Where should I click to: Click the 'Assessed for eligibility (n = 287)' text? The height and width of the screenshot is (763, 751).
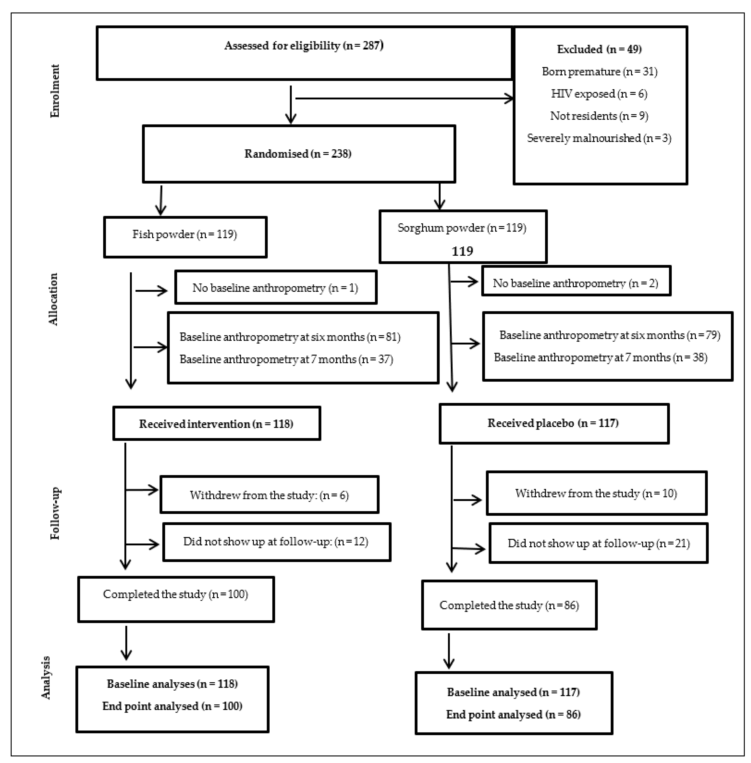click(304, 46)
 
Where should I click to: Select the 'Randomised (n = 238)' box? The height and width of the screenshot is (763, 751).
click(299, 154)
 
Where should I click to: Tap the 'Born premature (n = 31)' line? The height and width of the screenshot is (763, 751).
click(599, 72)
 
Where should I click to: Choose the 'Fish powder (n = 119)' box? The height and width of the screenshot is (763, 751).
click(185, 237)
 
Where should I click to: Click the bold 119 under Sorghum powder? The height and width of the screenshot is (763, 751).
click(462, 251)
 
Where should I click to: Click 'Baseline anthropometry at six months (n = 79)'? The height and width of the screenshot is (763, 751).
click(609, 335)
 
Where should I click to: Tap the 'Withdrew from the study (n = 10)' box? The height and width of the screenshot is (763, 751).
click(596, 493)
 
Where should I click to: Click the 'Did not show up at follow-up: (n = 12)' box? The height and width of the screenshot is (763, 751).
click(276, 542)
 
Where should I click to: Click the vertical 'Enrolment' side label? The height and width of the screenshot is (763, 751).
click(55, 91)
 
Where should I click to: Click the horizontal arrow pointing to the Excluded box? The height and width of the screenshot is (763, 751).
click(404, 99)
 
